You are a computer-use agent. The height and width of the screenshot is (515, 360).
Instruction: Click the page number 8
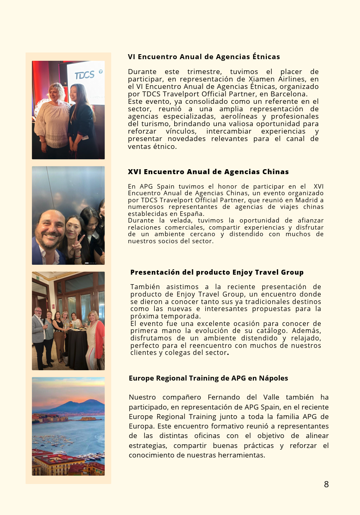pyautogui.click(x=326, y=484)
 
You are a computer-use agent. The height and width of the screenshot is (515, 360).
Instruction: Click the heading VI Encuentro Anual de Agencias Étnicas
pyautogui.click(x=204, y=57)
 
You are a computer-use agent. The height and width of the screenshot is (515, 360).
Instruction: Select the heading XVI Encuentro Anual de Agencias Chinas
pyautogui.click(x=208, y=172)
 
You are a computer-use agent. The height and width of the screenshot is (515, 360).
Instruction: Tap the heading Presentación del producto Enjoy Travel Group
pyautogui.click(x=217, y=272)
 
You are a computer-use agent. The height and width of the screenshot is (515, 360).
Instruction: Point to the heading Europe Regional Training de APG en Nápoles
pyautogui.click(x=208, y=378)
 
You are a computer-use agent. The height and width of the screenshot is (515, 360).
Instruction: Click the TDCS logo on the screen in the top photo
pyautogui.click(x=84, y=75)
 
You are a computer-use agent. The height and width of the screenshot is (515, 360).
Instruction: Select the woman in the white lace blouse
pyautogui.click(x=53, y=118)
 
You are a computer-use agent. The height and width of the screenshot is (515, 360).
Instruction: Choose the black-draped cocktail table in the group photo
pyautogui.click(x=77, y=347)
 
